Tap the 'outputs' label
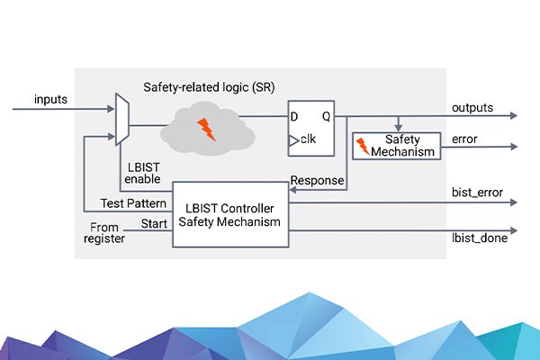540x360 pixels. click(x=472, y=107)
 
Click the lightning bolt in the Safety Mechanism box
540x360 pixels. click(x=364, y=147)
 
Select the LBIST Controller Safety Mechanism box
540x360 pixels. click(x=229, y=215)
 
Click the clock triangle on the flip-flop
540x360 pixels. click(x=293, y=139)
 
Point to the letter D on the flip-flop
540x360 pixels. click(x=293, y=117)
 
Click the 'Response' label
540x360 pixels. click(x=317, y=181)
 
